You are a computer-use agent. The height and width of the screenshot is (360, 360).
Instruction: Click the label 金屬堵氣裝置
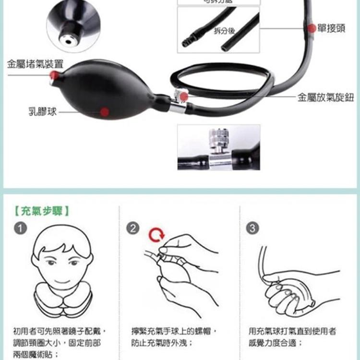35,64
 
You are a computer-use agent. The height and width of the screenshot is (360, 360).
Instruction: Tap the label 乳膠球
42,112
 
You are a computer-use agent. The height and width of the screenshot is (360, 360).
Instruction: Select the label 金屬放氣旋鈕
325,97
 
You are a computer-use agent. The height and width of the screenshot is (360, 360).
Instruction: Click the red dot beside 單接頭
312,28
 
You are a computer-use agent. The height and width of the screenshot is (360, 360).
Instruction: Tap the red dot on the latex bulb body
105,112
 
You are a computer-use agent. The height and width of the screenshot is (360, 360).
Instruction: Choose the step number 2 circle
133,228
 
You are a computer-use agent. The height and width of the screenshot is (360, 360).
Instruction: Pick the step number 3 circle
252,228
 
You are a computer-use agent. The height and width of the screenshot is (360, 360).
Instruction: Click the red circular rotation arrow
156,235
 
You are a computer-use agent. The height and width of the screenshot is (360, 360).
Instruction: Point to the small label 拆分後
224,31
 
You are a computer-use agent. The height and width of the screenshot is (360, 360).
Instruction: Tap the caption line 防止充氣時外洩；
162,343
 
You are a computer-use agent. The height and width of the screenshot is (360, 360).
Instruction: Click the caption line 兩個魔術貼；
36,354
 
